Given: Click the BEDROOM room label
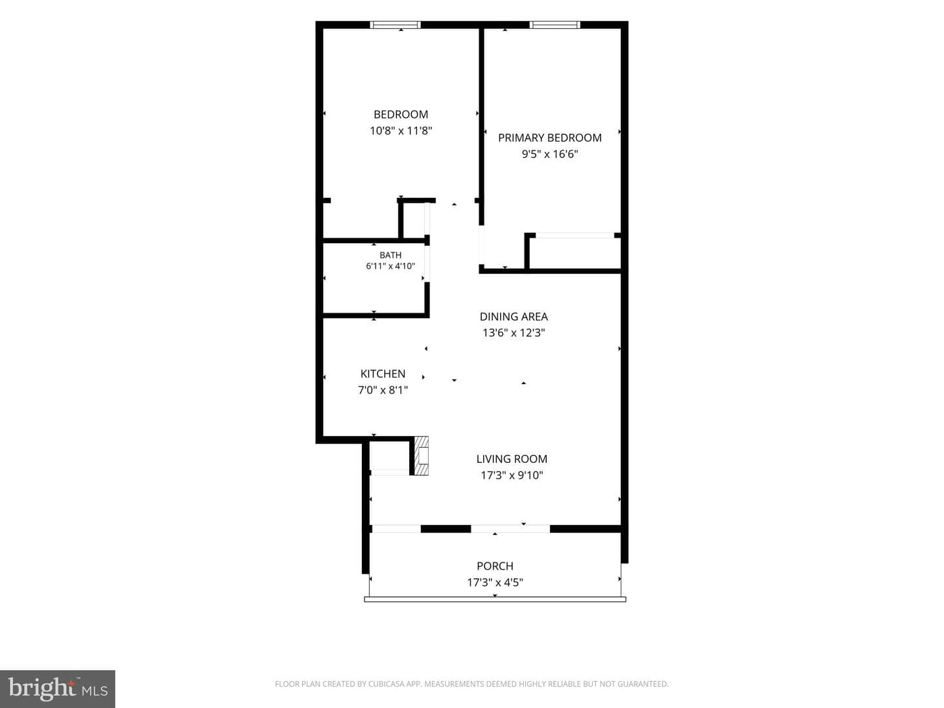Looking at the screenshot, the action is coord(401,114).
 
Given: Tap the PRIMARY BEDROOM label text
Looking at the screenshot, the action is coord(549,138).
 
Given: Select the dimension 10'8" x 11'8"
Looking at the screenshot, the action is coord(401,130).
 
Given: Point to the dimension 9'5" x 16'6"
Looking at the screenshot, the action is coord(549,154).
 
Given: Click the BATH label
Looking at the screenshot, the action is coord(390,255).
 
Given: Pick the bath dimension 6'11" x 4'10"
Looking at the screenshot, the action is coord(390,266).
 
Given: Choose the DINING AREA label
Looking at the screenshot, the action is coord(513,317).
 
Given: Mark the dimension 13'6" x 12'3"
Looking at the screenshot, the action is coord(513,333).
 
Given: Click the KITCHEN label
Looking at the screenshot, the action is coord(383,374).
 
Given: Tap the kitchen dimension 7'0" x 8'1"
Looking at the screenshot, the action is coord(383,390).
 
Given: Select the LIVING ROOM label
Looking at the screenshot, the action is coord(511,459).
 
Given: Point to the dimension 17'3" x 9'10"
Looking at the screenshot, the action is coord(511,475).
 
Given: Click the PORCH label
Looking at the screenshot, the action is coord(494,566).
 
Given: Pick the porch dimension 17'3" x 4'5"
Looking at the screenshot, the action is coord(494,582).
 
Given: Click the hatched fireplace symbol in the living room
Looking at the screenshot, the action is coord(421,456).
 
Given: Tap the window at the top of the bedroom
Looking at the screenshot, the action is coord(395,25).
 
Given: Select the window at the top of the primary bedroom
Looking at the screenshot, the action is coord(555,25).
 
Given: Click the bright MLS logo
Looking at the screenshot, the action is coord(57,688).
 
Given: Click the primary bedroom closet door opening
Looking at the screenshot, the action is coord(574,235).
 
